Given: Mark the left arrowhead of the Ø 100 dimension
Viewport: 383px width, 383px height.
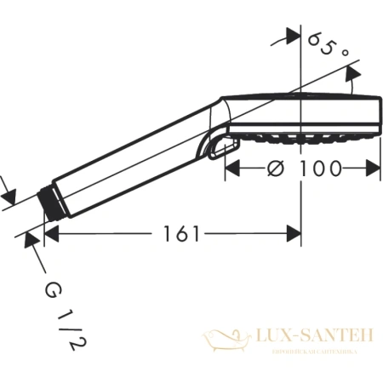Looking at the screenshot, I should tap(232, 169).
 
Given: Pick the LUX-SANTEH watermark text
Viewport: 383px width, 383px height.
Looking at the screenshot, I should tap(309, 337).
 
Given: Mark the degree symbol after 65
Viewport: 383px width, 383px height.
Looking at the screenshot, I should tap(345, 53).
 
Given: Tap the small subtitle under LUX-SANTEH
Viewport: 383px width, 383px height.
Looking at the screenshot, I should tap(309, 351).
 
